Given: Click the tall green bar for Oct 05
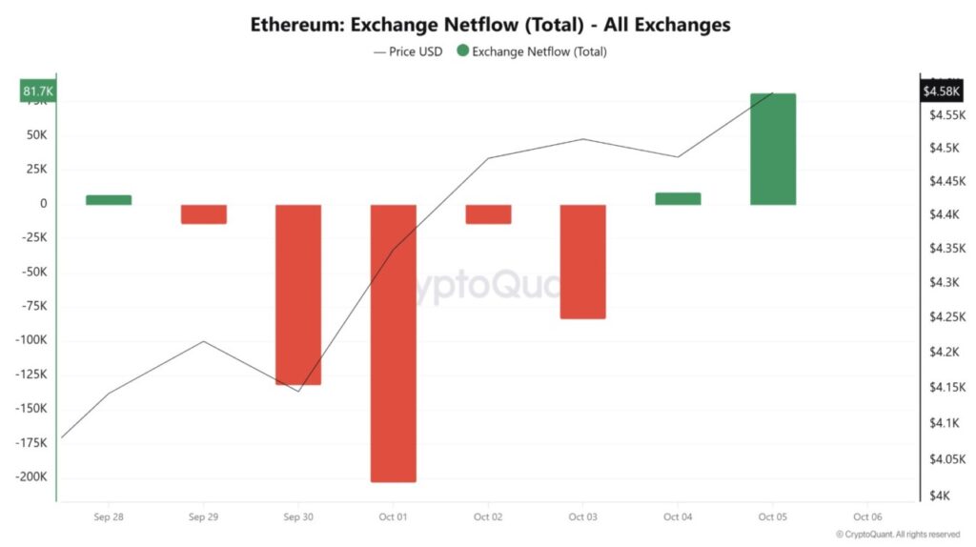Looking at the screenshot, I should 773,149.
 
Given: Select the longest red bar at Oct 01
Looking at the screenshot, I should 394,343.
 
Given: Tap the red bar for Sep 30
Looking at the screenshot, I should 298,294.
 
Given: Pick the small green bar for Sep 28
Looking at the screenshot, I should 109,200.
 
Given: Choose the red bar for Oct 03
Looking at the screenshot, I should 582,261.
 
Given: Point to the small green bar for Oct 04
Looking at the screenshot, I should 678,198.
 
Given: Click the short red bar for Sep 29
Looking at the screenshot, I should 204,213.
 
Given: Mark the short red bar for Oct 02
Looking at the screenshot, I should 488,213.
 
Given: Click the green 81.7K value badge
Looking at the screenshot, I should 38,91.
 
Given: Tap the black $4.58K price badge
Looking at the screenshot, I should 942,91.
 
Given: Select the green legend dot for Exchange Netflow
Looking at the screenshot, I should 463,51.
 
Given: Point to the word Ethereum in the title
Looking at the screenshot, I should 294,24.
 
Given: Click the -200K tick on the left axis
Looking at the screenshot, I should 30,477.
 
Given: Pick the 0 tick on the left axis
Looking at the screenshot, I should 43,204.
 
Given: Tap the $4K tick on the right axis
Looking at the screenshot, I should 941,496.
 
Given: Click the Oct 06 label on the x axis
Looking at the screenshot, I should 867,517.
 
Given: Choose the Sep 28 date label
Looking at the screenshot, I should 109,517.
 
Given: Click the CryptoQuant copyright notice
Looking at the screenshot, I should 898,535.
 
